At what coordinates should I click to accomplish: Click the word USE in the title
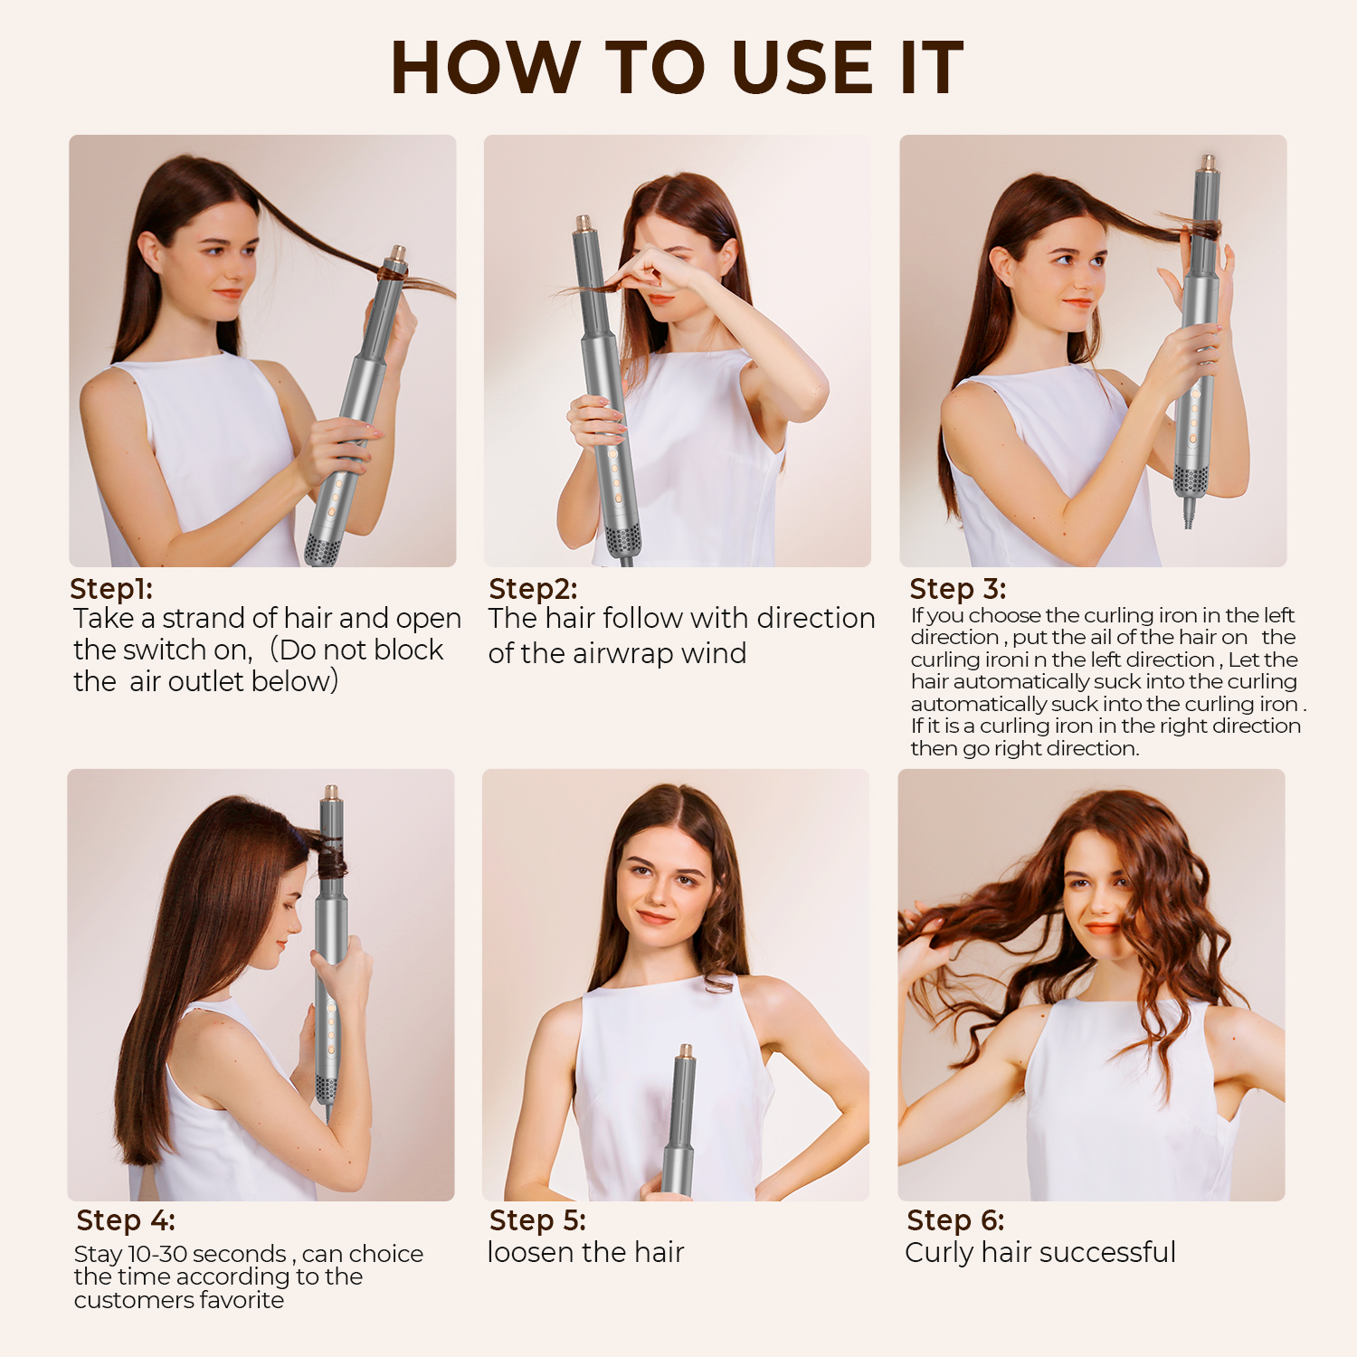click(x=802, y=68)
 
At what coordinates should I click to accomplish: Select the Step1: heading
click(x=111, y=588)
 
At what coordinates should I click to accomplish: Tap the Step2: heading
click(x=533, y=589)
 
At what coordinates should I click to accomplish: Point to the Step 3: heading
click(x=957, y=589)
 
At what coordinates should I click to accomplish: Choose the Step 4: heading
click(x=126, y=1220)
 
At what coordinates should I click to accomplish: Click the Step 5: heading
click(x=537, y=1220)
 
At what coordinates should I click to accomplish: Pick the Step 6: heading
click(x=955, y=1220)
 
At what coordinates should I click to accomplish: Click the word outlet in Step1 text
click(x=186, y=681)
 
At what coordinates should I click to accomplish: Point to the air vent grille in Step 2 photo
click(x=622, y=540)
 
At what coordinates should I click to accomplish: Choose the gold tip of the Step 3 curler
click(x=1207, y=165)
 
